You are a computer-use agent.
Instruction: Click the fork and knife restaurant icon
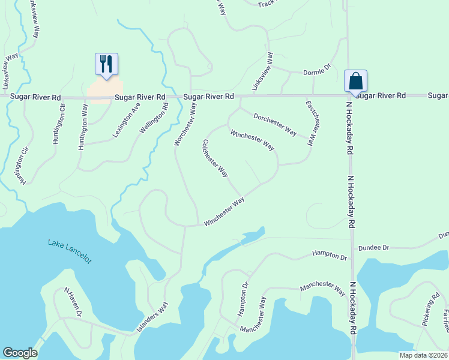(106, 64)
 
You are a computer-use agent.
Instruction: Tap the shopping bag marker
(355, 80)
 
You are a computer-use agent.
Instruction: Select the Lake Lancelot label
(70, 250)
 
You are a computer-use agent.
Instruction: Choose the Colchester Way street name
(215, 158)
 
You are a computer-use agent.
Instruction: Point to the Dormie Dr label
(317, 71)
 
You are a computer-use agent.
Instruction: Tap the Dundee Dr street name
(374, 247)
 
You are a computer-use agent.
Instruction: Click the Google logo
(20, 353)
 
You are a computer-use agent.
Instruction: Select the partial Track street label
(266, 4)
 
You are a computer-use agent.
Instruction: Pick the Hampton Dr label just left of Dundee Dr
(329, 256)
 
